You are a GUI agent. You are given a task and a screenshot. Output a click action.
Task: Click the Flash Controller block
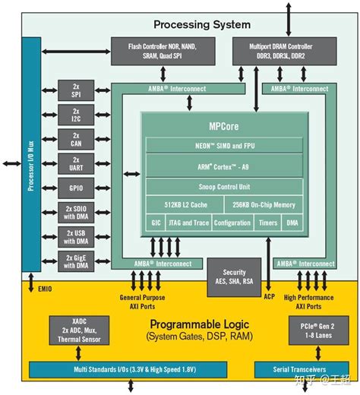pos(163,50)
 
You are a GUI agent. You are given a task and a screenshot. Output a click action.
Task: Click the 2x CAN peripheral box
pos(76,138)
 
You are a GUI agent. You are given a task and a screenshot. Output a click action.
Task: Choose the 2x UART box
pos(76,163)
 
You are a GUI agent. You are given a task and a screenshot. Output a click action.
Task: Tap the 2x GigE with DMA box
pos(76,262)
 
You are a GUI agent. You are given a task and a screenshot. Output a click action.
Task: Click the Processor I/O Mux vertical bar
pos(31,163)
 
